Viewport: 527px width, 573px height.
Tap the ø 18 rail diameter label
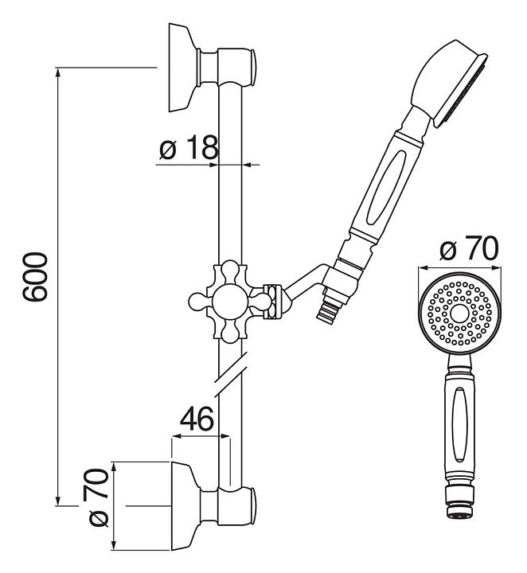188,148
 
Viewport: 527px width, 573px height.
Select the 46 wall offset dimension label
195,419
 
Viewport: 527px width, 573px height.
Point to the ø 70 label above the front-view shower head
469,249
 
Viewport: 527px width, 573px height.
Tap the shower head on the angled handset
449,84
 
